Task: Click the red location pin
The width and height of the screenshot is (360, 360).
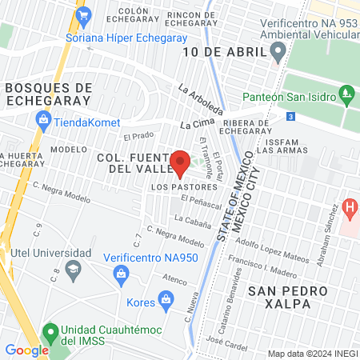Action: (x=181, y=161)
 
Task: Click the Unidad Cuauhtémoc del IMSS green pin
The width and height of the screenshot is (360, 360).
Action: (x=50, y=330)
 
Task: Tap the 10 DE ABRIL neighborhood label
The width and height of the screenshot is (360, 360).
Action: (x=222, y=52)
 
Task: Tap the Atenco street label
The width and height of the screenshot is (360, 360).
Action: (x=175, y=281)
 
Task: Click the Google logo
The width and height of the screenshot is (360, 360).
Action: (x=27, y=350)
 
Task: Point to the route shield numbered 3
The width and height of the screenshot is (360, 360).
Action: (x=290, y=117)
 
